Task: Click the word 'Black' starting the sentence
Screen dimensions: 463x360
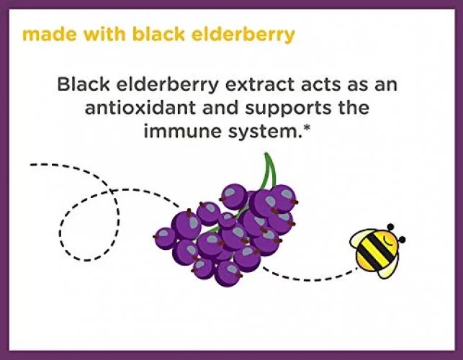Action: tap(84, 84)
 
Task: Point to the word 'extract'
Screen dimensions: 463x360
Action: tap(260, 85)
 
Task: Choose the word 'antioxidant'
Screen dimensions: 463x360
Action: tap(140, 107)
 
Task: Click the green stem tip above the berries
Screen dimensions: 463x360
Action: tap(266, 154)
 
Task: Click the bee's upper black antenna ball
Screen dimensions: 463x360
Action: tap(390, 227)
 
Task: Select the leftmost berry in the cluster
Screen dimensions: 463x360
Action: tap(164, 238)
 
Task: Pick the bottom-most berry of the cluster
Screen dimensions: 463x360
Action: tap(228, 273)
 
